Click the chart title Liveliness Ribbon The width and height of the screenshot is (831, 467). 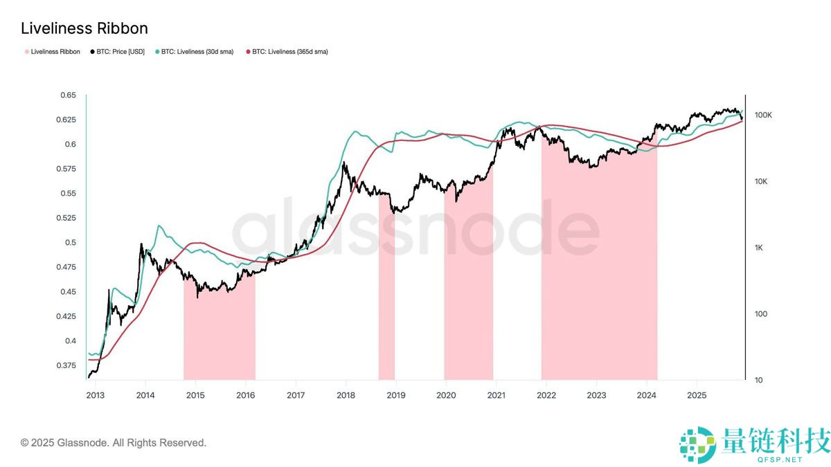84,28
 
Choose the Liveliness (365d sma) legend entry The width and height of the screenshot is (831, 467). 286,52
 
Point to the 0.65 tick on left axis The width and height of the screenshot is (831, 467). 67,95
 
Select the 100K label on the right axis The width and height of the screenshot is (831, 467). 762,115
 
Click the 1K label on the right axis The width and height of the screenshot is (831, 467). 759,248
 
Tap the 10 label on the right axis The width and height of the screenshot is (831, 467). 758,381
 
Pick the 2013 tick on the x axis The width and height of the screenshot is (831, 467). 96,395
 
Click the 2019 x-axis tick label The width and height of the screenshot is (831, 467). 395,395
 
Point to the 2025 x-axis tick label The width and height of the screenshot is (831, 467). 696,395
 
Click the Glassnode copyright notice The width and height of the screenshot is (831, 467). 114,443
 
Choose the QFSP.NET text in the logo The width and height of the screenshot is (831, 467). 781,459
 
